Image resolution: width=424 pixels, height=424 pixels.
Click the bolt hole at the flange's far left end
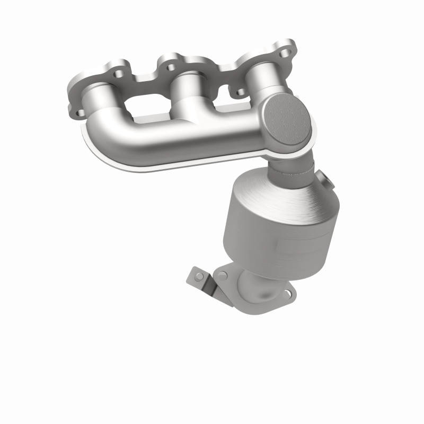[x=77, y=112]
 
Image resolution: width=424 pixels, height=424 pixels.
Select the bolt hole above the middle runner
[x=171, y=67]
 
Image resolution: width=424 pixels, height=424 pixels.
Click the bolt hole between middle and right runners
[x=241, y=92]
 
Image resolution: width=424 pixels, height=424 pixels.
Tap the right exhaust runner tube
[x=260, y=79]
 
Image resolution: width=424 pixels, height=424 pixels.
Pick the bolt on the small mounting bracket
[x=199, y=276]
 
